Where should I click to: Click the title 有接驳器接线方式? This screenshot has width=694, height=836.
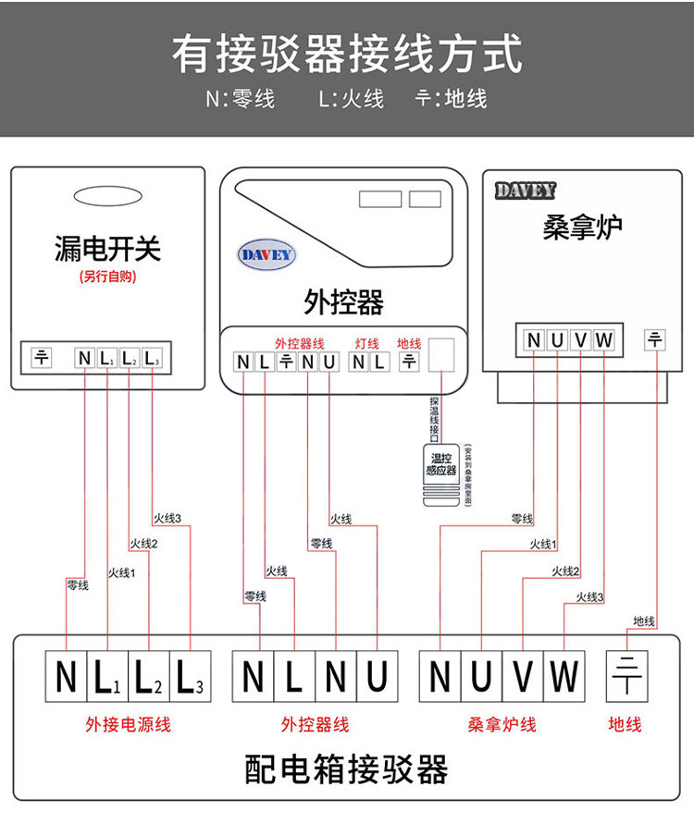[346, 55]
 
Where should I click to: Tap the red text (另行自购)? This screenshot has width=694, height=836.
[107, 277]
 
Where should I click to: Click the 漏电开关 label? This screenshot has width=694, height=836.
[107, 248]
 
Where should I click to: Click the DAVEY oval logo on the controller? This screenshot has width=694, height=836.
[266, 255]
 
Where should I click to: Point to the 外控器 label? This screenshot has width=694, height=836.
[343, 301]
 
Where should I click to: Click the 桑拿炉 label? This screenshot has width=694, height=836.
[582, 227]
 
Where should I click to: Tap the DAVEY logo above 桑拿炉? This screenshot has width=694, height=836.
[525, 191]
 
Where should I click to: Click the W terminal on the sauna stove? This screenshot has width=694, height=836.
[604, 340]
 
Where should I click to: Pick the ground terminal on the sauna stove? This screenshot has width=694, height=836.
[655, 339]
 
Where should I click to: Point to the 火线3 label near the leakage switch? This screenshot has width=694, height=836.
[167, 518]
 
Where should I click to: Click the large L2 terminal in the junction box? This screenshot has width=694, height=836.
[149, 677]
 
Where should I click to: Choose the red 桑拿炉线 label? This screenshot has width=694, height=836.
[502, 724]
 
